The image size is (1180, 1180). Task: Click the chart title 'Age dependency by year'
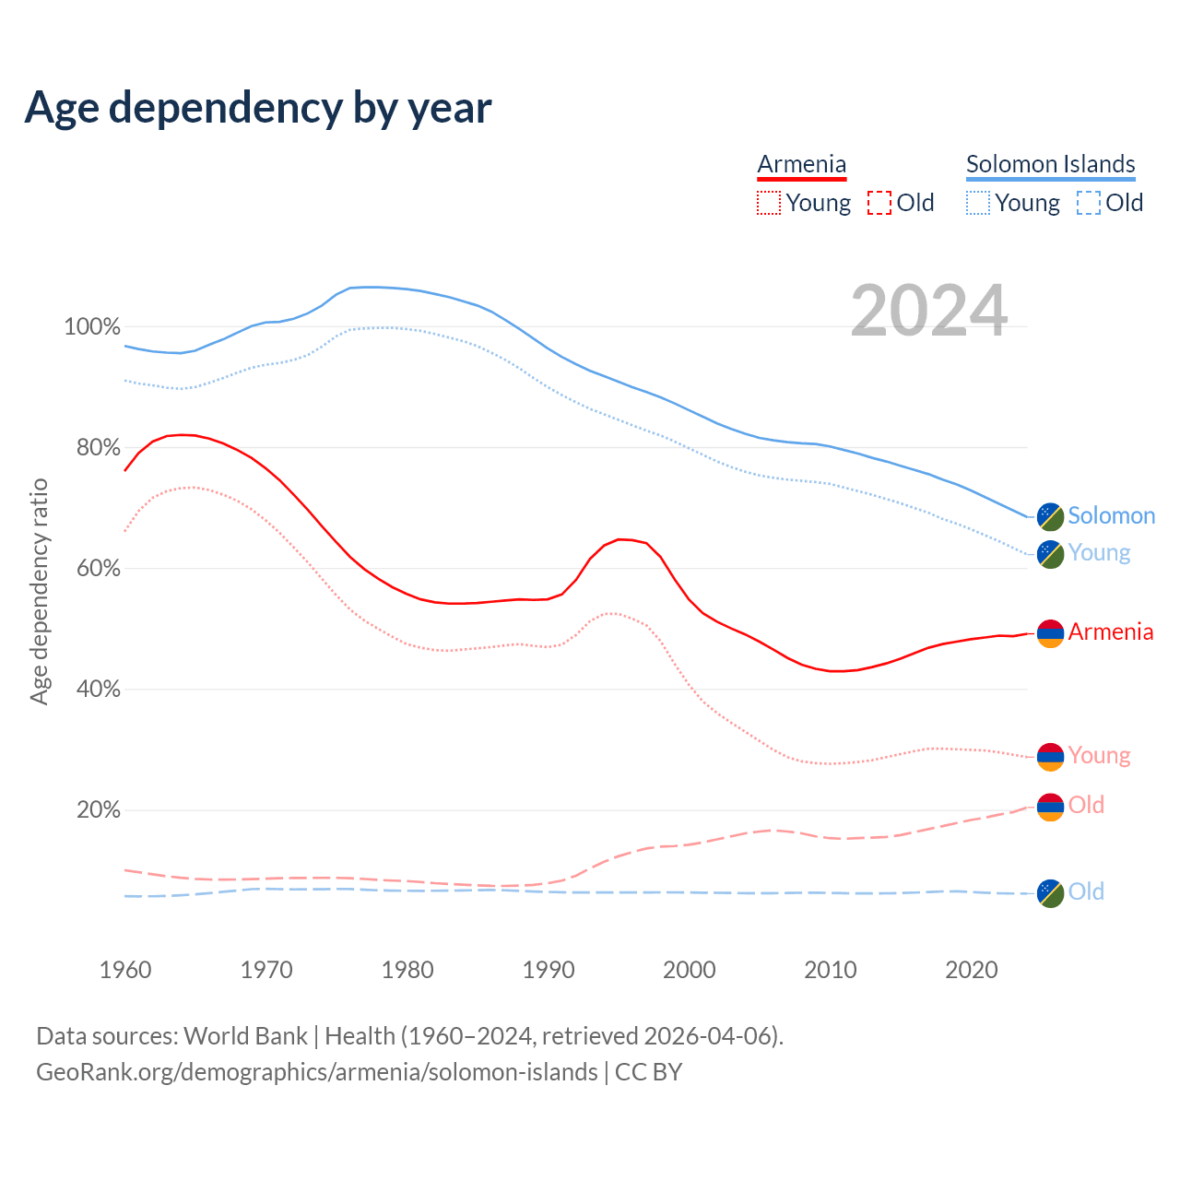[258, 108]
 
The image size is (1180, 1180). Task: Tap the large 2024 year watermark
[929, 311]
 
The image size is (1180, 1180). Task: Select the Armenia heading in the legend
[801, 164]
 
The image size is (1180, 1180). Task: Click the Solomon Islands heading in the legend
[1050, 164]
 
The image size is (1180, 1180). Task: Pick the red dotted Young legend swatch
[768, 203]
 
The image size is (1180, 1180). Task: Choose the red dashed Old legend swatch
[879, 203]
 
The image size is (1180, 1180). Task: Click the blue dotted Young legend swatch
[978, 203]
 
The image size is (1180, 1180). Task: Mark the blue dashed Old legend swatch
[1089, 203]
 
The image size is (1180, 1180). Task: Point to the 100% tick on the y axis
[92, 327]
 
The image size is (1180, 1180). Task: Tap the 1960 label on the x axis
[125, 970]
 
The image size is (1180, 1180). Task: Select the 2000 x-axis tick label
[690, 970]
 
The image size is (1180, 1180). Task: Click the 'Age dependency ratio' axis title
[39, 591]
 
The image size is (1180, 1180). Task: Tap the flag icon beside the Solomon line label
[1050, 516]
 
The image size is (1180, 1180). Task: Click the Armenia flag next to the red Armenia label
[1050, 633]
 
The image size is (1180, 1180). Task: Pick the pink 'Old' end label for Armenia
[1086, 806]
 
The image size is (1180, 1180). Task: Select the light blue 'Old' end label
[1086, 891]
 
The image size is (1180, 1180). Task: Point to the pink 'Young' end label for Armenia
[1099, 756]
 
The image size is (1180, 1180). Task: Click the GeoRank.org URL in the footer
[317, 1072]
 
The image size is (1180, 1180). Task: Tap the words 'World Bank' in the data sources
[245, 1036]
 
